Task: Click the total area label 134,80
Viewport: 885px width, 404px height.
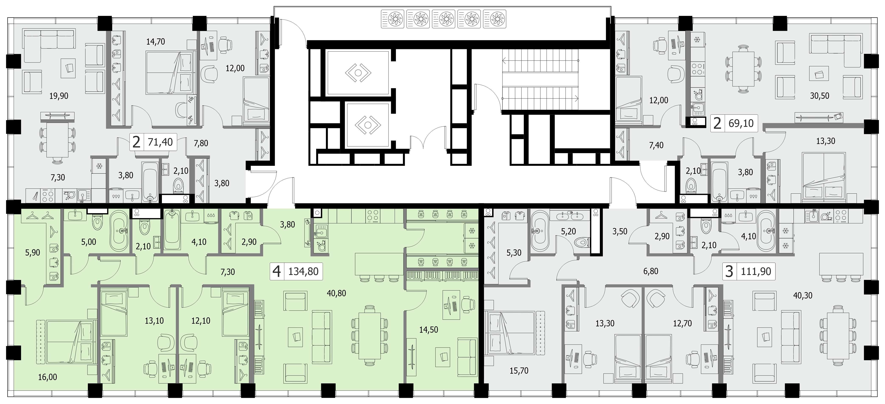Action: point(303,271)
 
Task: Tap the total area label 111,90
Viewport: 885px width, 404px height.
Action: point(756,271)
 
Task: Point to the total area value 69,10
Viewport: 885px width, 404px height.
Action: point(741,123)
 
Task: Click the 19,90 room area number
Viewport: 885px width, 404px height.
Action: point(59,96)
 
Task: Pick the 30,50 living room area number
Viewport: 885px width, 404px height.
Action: point(820,96)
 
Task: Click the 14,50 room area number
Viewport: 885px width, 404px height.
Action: point(429,330)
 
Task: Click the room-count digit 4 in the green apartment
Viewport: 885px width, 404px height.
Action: point(276,272)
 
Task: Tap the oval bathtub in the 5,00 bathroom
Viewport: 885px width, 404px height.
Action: point(119,231)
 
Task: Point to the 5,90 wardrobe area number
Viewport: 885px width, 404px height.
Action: point(33,253)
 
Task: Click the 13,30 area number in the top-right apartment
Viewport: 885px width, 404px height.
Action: point(826,141)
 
